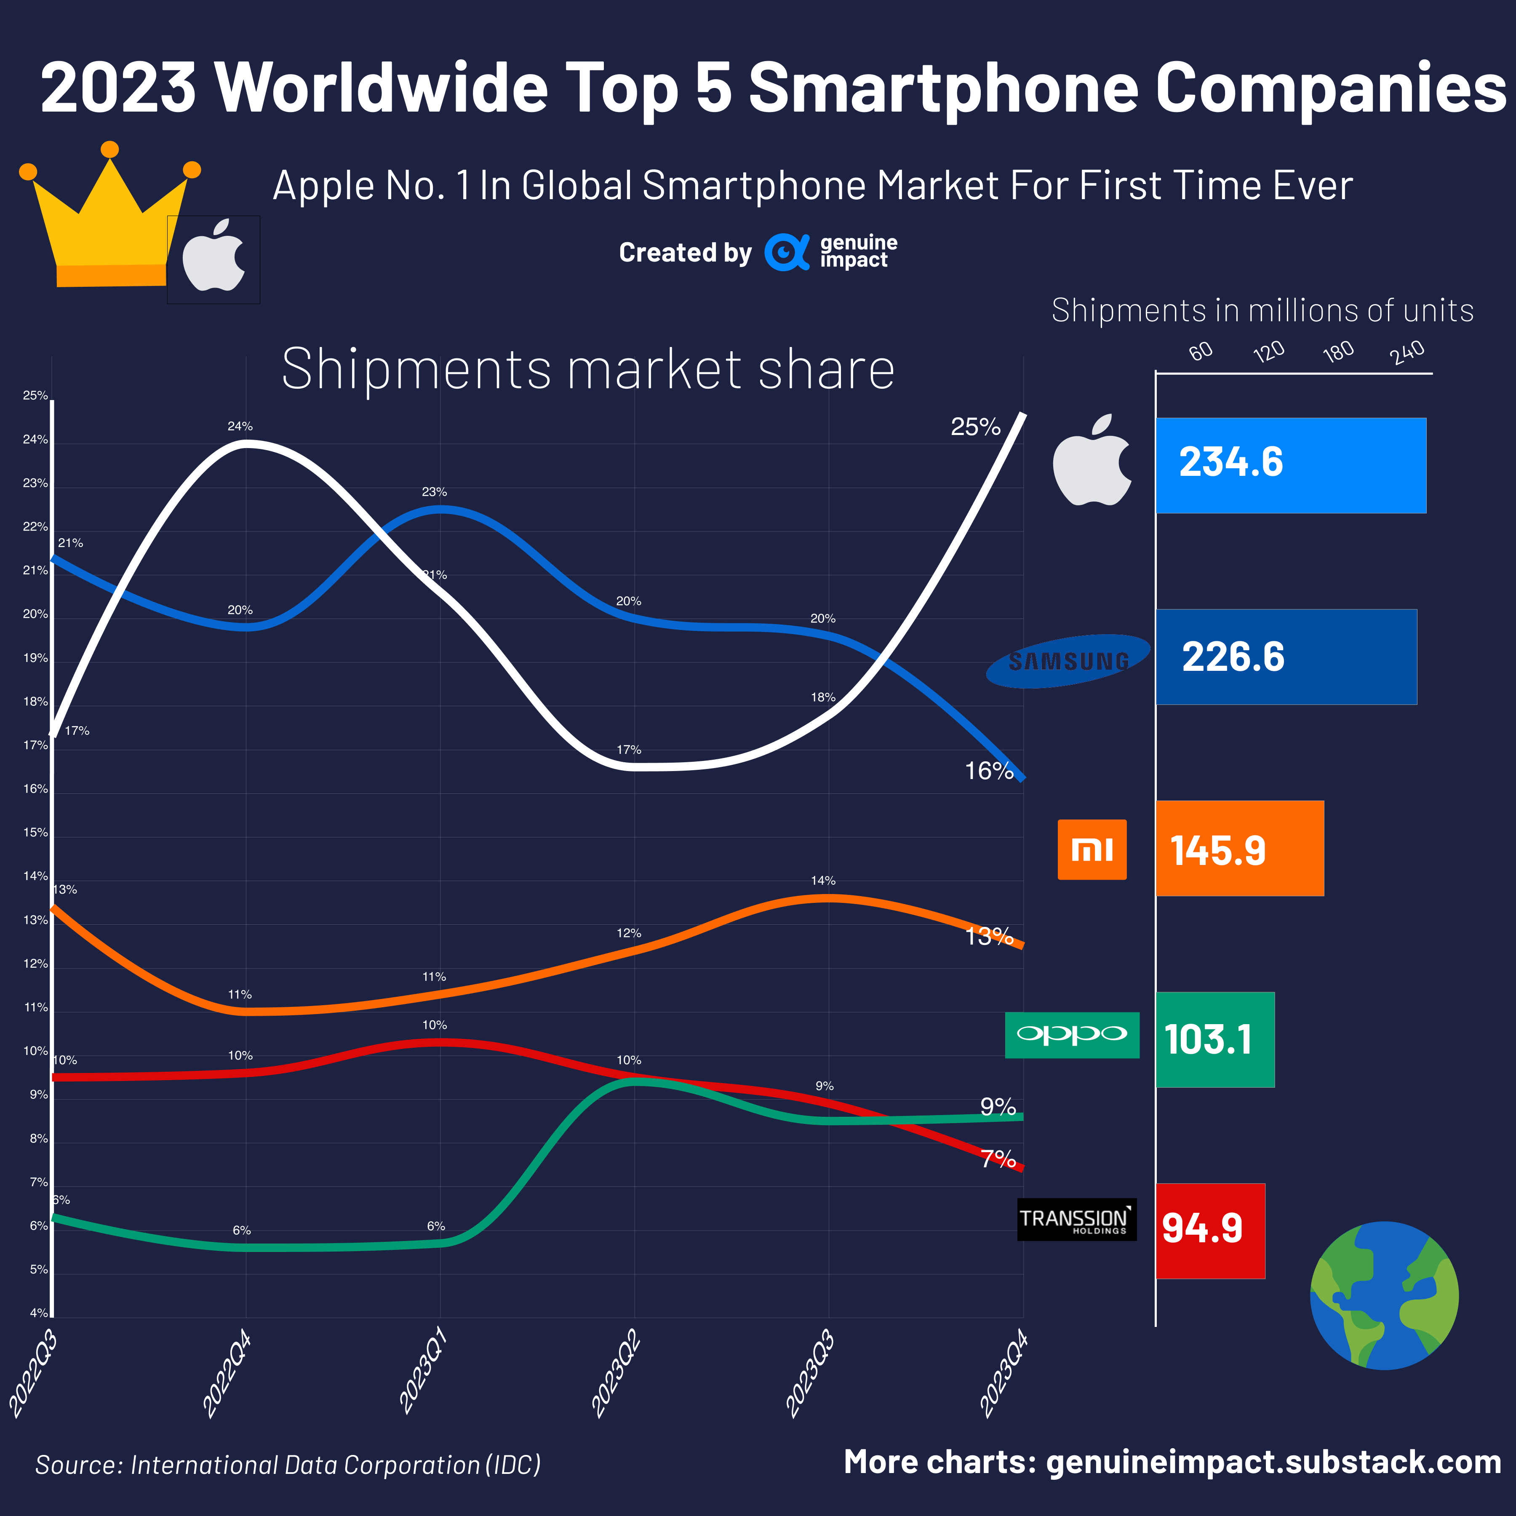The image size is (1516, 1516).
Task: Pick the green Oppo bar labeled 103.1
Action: pos(1214,1040)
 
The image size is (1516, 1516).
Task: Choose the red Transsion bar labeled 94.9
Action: pos(1210,1230)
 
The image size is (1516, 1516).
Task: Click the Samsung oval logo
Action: pos(1068,661)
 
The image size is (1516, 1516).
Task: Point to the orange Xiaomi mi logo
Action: pos(1092,849)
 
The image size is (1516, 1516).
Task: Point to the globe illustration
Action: pos(1384,1295)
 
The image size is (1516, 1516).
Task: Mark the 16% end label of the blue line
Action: pos(989,771)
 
